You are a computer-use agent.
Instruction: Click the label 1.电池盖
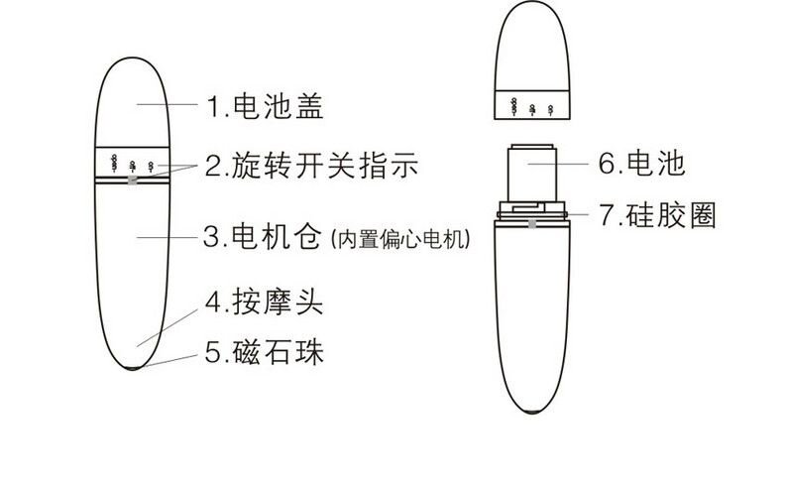265,105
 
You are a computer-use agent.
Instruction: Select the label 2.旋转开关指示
311,165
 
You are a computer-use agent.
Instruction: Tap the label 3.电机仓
262,236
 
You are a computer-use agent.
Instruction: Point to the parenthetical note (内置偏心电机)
400,239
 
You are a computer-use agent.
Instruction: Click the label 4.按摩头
264,302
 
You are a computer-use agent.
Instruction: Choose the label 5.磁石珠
264,351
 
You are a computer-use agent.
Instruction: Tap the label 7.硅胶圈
657,215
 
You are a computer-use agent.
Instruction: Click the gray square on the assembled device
133,181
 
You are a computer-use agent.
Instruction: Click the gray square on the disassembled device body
532,224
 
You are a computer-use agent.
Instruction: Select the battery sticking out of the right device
532,174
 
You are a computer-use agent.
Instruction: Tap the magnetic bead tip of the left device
133,369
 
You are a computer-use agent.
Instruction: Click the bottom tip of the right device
532,412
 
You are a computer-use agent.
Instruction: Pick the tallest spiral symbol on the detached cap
513,107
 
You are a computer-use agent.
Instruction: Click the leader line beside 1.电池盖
168,104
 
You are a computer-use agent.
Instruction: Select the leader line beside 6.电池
558,164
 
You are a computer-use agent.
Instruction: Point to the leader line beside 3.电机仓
168,236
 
